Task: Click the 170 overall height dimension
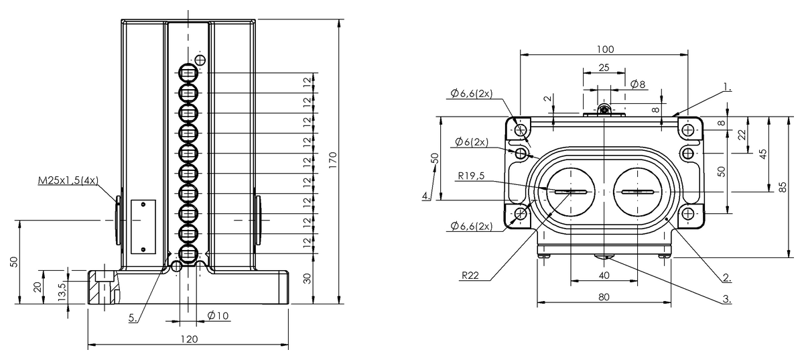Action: pos(333,161)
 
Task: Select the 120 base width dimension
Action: pos(189,339)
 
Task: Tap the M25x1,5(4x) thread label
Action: pos(68,180)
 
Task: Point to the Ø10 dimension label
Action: pos(218,316)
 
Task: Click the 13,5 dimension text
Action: pos(62,292)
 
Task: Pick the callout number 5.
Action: pos(133,318)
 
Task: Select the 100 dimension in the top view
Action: pos(605,49)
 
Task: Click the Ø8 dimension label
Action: pos(638,84)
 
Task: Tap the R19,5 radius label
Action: pos(471,176)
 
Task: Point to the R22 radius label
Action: pos(470,276)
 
